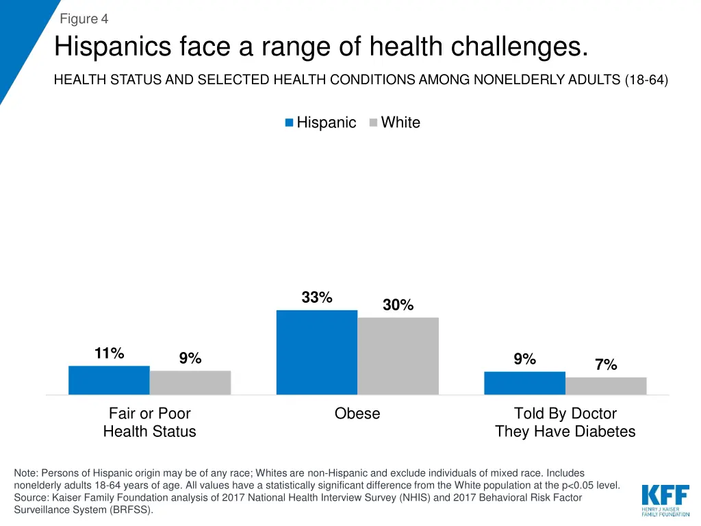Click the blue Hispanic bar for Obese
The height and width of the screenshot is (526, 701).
pos(316,352)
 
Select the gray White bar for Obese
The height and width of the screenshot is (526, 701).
pos(398,355)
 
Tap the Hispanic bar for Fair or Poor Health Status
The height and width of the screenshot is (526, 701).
pos(109,380)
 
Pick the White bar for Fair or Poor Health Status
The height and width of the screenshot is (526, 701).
pos(190,382)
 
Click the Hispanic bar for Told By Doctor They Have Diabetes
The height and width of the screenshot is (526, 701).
pos(524,383)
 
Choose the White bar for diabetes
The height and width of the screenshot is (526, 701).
pos(606,386)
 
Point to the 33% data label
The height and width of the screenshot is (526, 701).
pos(317,298)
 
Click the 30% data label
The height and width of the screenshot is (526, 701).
pos(398,305)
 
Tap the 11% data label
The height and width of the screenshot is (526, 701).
pos(110,354)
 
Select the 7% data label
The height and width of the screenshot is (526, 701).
pos(606,365)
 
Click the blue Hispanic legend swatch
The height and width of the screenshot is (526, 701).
pos(290,123)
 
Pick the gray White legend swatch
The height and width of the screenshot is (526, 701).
pos(373,123)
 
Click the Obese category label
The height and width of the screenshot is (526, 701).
pos(357,414)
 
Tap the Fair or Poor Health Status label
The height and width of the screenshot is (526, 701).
pos(149,423)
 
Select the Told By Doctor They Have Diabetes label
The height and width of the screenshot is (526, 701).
pos(565,423)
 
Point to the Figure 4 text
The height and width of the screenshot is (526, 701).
pos(84,18)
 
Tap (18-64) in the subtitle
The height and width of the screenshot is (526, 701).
pos(646,80)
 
